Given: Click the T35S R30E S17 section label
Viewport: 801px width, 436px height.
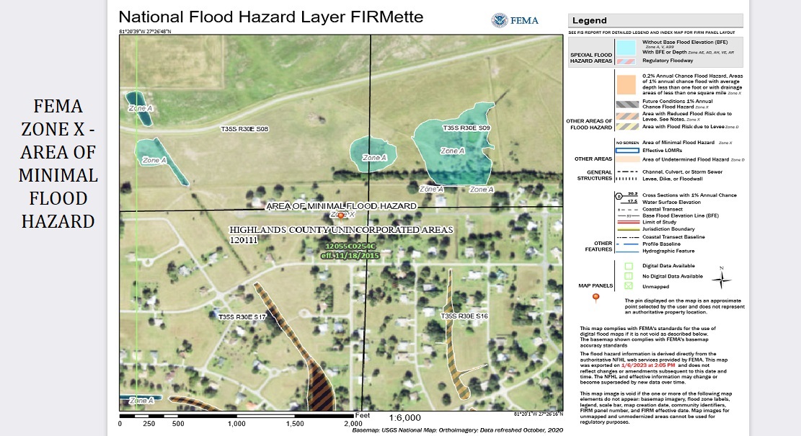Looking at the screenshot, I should pyautogui.click(x=242, y=316).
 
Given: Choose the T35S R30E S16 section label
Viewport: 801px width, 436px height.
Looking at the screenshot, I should pyautogui.click(x=464, y=316).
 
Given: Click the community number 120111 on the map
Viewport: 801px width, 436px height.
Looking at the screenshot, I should pyautogui.click(x=244, y=239).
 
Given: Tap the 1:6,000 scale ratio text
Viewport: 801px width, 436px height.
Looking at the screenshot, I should pyautogui.click(x=404, y=417).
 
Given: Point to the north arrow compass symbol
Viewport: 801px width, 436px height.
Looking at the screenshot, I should pyautogui.click(x=722, y=278).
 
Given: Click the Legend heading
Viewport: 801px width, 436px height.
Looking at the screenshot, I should pyautogui.click(x=590, y=21).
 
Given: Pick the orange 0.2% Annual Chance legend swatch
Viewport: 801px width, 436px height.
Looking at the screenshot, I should pyautogui.click(x=625, y=84).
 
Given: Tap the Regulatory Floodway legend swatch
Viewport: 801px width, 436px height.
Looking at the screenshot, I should pyautogui.click(x=625, y=61).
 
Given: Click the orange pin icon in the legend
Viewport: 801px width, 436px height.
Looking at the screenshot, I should pyautogui.click(x=596, y=297).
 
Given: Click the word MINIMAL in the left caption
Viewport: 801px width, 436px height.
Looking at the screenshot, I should pyautogui.click(x=58, y=176).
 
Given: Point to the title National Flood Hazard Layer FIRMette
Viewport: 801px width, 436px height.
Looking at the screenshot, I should pyautogui.click(x=270, y=17).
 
